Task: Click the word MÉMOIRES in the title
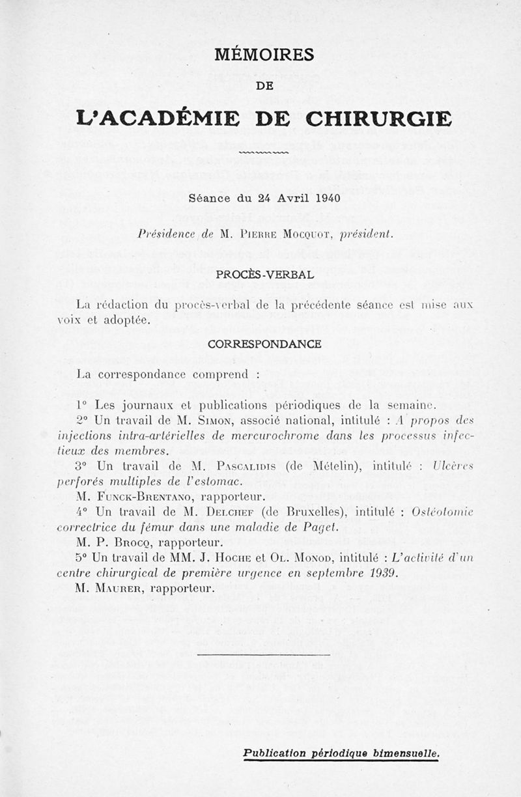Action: point(264,54)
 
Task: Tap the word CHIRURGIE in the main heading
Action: point(378,119)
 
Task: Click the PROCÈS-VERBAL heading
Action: point(264,274)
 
